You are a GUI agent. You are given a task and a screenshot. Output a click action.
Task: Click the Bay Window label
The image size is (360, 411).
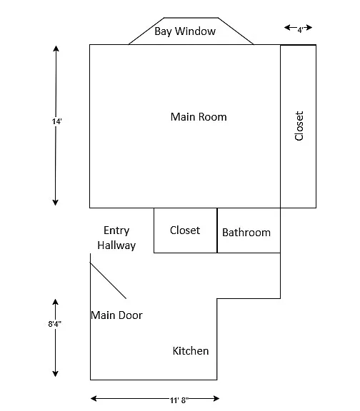(185, 31)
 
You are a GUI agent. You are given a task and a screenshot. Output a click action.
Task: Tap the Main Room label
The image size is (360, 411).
(199, 117)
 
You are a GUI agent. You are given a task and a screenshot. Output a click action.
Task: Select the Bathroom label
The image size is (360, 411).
(246, 233)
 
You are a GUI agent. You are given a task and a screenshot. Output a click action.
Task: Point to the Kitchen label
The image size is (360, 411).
(191, 351)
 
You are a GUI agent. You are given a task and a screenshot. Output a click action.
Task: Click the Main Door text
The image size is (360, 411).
(116, 315)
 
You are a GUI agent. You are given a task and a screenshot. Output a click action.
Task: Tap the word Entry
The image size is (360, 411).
(116, 231)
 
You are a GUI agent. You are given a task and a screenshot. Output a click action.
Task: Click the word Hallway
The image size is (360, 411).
(116, 245)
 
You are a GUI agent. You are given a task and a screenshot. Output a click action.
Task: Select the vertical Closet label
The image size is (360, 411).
(299, 126)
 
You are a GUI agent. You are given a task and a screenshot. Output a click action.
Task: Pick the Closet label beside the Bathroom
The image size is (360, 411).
(185, 230)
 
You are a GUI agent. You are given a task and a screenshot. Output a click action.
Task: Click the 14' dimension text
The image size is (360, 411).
(56, 121)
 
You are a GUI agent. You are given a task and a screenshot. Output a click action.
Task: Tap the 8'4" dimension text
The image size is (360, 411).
(54, 324)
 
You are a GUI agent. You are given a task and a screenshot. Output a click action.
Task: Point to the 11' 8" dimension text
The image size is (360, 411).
(179, 400)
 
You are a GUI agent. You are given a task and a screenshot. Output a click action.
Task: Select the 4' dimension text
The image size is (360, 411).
(300, 30)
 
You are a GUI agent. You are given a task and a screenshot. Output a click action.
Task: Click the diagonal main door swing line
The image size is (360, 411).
(108, 280)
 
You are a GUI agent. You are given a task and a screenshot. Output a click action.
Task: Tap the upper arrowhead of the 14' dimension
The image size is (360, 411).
(56, 49)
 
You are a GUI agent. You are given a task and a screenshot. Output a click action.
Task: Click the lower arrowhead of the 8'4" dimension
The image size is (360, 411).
(55, 373)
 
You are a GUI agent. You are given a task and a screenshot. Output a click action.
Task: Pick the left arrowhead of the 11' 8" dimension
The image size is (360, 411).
(94, 399)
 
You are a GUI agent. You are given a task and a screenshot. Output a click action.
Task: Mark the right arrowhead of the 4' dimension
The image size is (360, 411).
(309, 27)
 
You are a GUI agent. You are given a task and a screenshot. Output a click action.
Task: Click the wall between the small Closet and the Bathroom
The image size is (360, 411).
(217, 230)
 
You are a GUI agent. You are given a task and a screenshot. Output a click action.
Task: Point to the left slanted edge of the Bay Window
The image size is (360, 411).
(146, 31)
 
